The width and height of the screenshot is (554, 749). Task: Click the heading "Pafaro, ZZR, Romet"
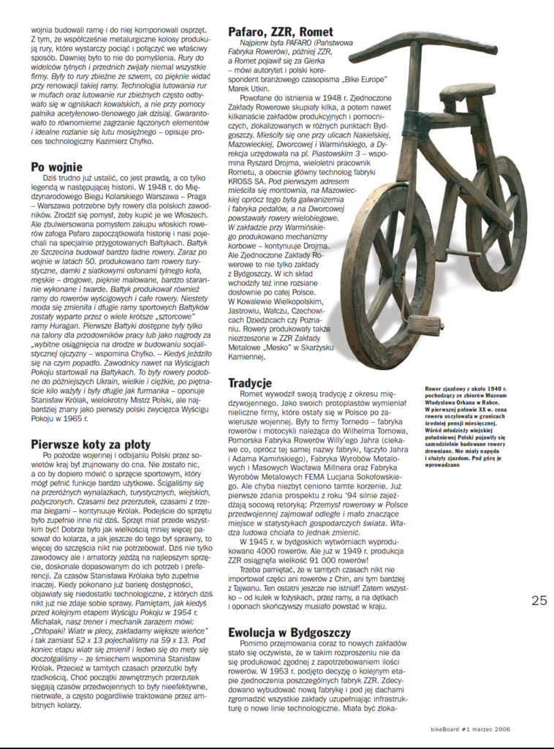(x=280, y=31)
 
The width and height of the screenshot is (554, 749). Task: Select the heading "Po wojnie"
(x=57, y=167)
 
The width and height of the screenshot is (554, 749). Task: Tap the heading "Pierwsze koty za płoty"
(x=91, y=444)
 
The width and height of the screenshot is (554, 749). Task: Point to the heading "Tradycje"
(x=250, y=383)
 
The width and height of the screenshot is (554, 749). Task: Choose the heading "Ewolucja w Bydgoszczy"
(x=289, y=632)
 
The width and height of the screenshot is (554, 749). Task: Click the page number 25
(x=539, y=600)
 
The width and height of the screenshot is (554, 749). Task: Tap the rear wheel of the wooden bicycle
(x=497, y=212)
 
